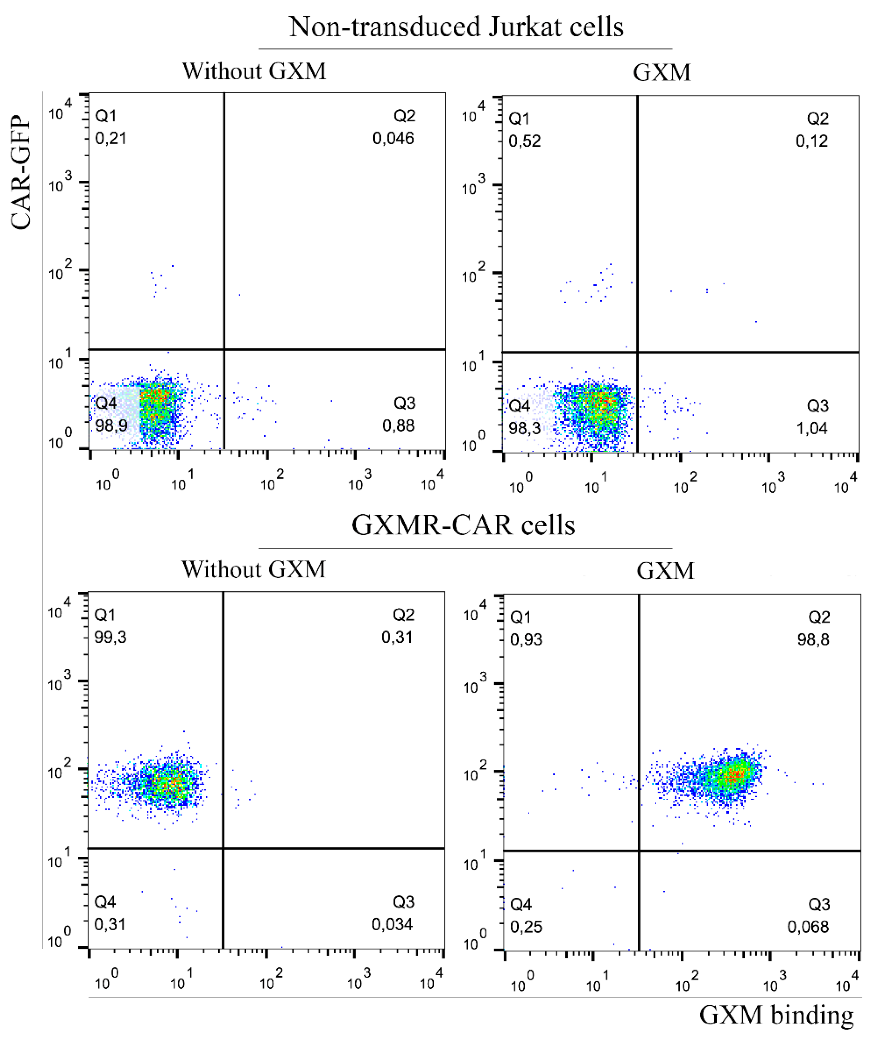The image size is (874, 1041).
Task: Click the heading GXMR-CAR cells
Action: click(x=463, y=525)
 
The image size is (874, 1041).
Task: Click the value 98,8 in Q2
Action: click(x=813, y=640)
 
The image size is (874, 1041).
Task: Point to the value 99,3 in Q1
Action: click(x=111, y=637)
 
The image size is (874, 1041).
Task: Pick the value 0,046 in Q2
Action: click(x=393, y=138)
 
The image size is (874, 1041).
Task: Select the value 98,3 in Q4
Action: click(x=524, y=428)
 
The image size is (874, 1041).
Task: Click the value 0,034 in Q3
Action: click(x=392, y=925)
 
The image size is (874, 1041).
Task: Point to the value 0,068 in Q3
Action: click(x=808, y=927)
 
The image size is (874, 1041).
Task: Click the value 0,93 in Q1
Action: click(x=526, y=640)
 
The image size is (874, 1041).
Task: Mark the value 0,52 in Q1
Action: click(x=524, y=141)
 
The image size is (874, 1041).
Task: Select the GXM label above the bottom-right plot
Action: click(x=665, y=571)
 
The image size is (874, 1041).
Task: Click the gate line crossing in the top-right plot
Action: click(x=637, y=353)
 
